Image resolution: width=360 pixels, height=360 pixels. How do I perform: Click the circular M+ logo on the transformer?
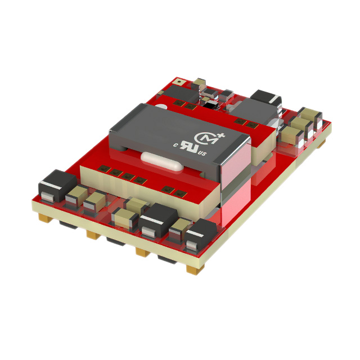[x=205, y=137]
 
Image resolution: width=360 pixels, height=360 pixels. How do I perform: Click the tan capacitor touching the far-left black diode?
[x=74, y=196]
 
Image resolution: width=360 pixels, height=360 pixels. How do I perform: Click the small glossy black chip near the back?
[x=209, y=104]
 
